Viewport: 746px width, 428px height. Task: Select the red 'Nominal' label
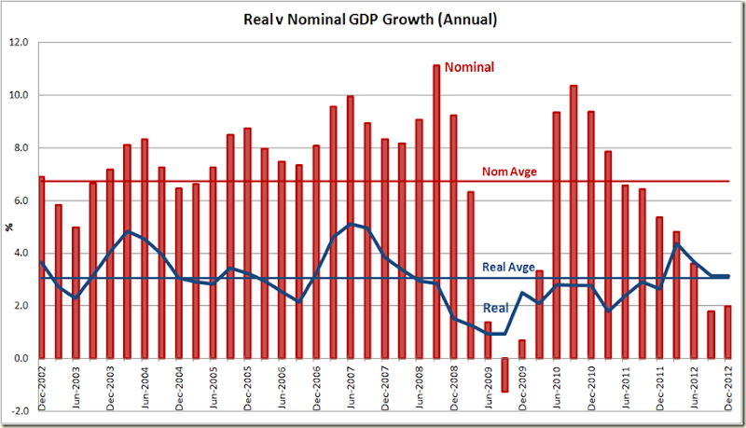point(469,67)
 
